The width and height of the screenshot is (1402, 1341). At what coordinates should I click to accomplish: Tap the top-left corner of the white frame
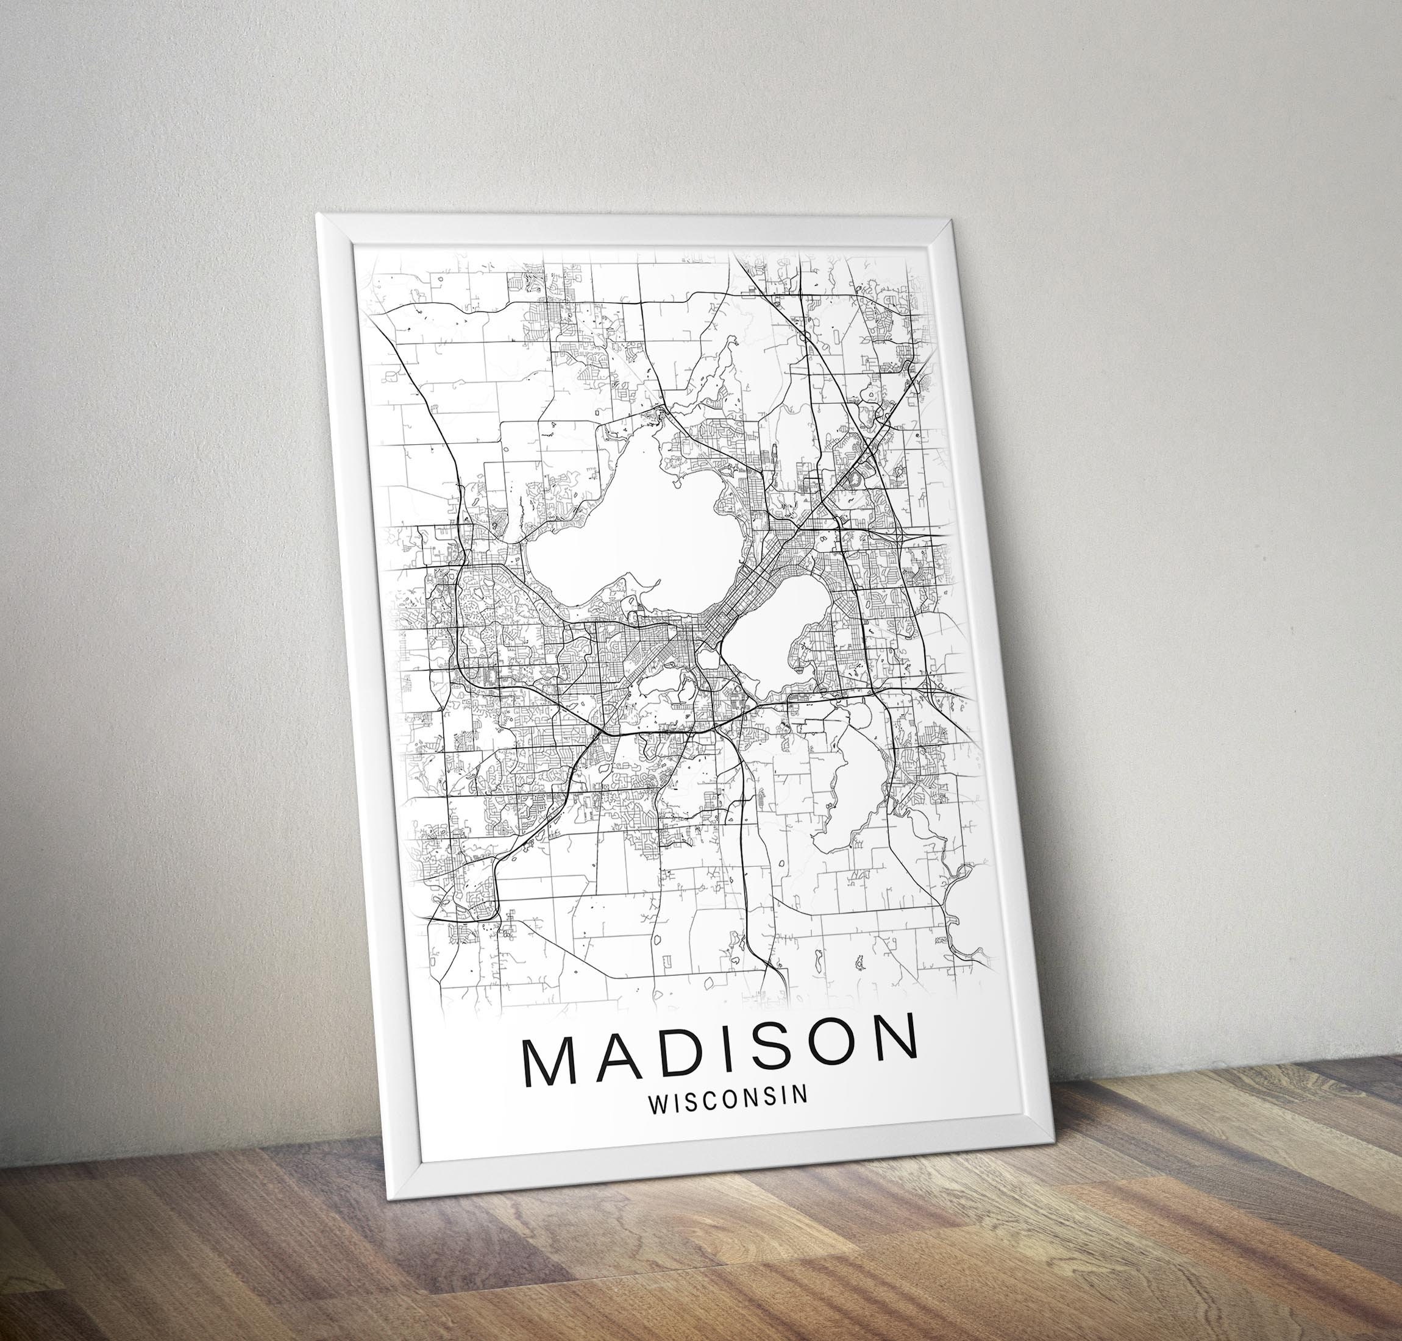point(318,215)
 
